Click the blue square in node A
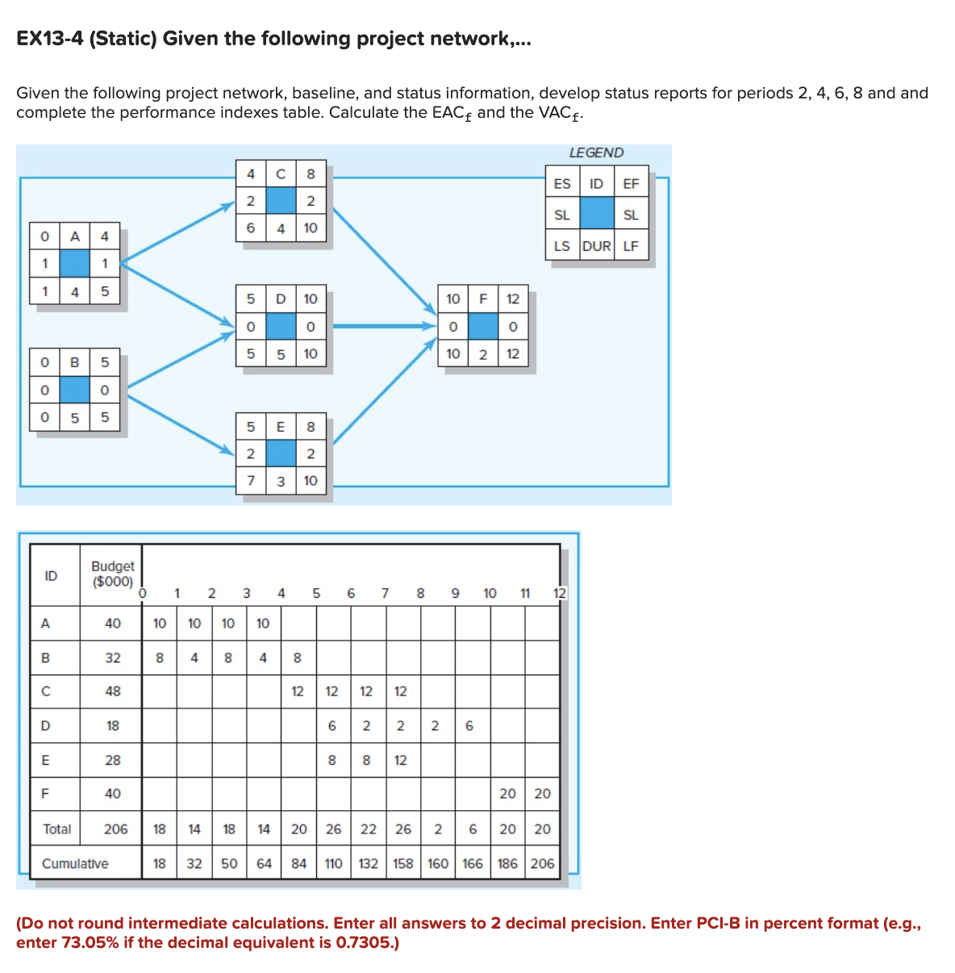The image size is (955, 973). coord(74,264)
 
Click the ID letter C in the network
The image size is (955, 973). coord(281,173)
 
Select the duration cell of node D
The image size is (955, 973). coord(281,353)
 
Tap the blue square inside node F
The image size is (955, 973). coord(482,326)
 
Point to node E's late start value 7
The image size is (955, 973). coord(251,481)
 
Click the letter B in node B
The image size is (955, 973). coord(74,362)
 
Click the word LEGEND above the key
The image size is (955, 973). coord(596,152)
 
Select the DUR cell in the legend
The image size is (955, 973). coord(596,246)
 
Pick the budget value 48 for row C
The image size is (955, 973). coord(113,691)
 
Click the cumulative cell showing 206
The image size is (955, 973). coord(542,863)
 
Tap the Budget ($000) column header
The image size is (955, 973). coord(113,574)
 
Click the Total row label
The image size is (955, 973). coord(56,829)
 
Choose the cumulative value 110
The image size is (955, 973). coord(333,863)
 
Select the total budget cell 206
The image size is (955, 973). coord(115,829)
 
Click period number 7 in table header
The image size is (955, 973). coord(385,593)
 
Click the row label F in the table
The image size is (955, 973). coord(45,794)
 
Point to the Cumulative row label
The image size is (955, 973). coord(75,863)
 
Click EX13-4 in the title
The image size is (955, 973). coord(50,39)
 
